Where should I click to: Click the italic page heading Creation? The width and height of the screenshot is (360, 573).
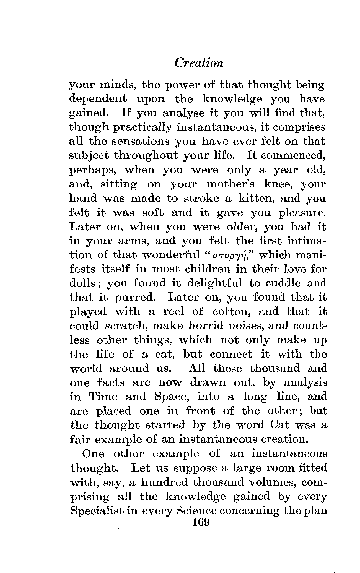tap(199, 63)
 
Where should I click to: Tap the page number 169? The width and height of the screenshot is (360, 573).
tap(198, 522)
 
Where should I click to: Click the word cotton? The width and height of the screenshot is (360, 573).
tap(232, 312)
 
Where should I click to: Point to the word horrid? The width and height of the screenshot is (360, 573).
tap(206, 326)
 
